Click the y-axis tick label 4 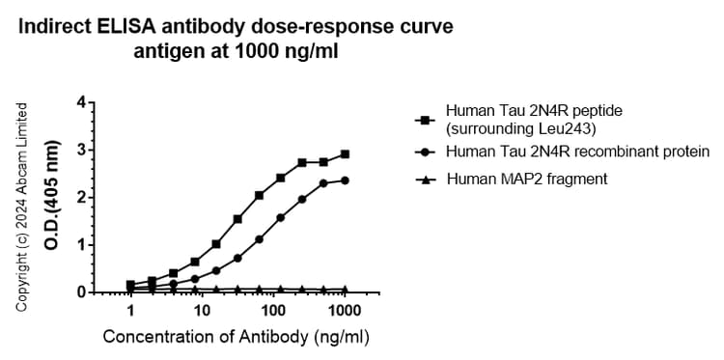point(81,102)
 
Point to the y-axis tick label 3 point(81,150)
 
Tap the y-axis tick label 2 point(81,197)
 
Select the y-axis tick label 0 point(81,291)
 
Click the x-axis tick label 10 point(202,311)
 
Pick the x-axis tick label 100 point(273,311)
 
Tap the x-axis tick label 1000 point(345,311)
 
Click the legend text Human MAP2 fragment point(513,179)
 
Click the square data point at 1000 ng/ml point(345,154)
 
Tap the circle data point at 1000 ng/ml point(345,180)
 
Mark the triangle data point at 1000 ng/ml point(345,290)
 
